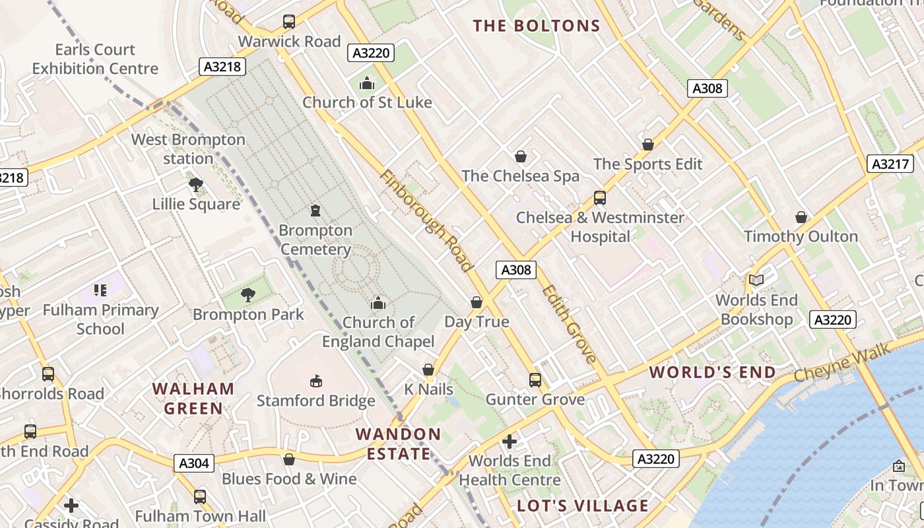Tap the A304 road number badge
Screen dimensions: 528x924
point(194,463)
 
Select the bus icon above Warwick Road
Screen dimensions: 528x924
point(289,22)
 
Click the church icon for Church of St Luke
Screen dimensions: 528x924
point(367,83)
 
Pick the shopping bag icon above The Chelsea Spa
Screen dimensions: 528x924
point(521,156)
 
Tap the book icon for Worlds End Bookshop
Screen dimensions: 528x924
point(756,280)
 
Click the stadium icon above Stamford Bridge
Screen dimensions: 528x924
point(316,381)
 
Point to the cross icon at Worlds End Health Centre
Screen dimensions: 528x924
point(510,441)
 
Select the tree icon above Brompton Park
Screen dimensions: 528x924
point(248,294)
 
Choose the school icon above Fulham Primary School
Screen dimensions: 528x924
point(100,290)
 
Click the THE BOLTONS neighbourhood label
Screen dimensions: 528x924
point(537,26)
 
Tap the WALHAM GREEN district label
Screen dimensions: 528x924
point(193,399)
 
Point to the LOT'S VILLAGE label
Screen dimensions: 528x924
point(583,506)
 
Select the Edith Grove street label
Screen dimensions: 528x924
point(569,323)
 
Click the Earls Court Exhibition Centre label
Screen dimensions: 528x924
point(95,59)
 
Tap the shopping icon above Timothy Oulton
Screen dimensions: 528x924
point(801,217)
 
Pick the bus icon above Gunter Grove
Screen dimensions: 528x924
point(535,380)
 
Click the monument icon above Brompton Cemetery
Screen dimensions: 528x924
point(315,211)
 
